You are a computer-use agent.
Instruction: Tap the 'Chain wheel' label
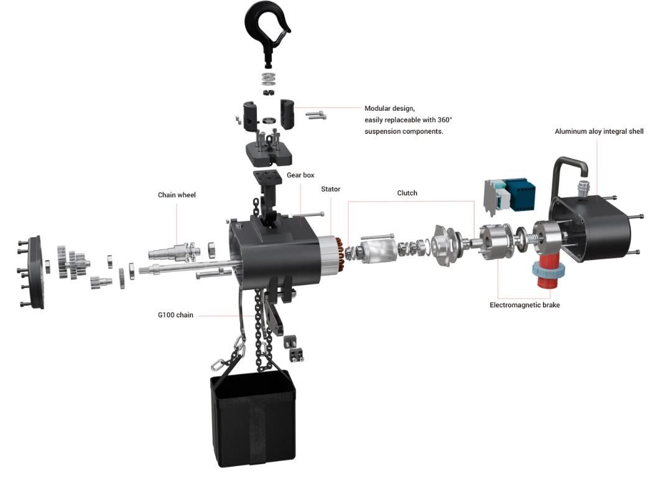pos(177,195)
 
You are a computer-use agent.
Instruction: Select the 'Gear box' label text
pos(300,175)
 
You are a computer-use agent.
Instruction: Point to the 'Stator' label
pos(331,189)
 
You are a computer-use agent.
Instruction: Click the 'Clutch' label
pos(407,193)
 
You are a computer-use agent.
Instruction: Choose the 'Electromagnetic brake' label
pos(524,305)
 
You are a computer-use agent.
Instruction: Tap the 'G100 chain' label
pos(175,315)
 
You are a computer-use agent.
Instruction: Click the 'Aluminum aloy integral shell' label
pos(599,131)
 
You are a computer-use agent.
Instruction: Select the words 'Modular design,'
pos(389,108)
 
